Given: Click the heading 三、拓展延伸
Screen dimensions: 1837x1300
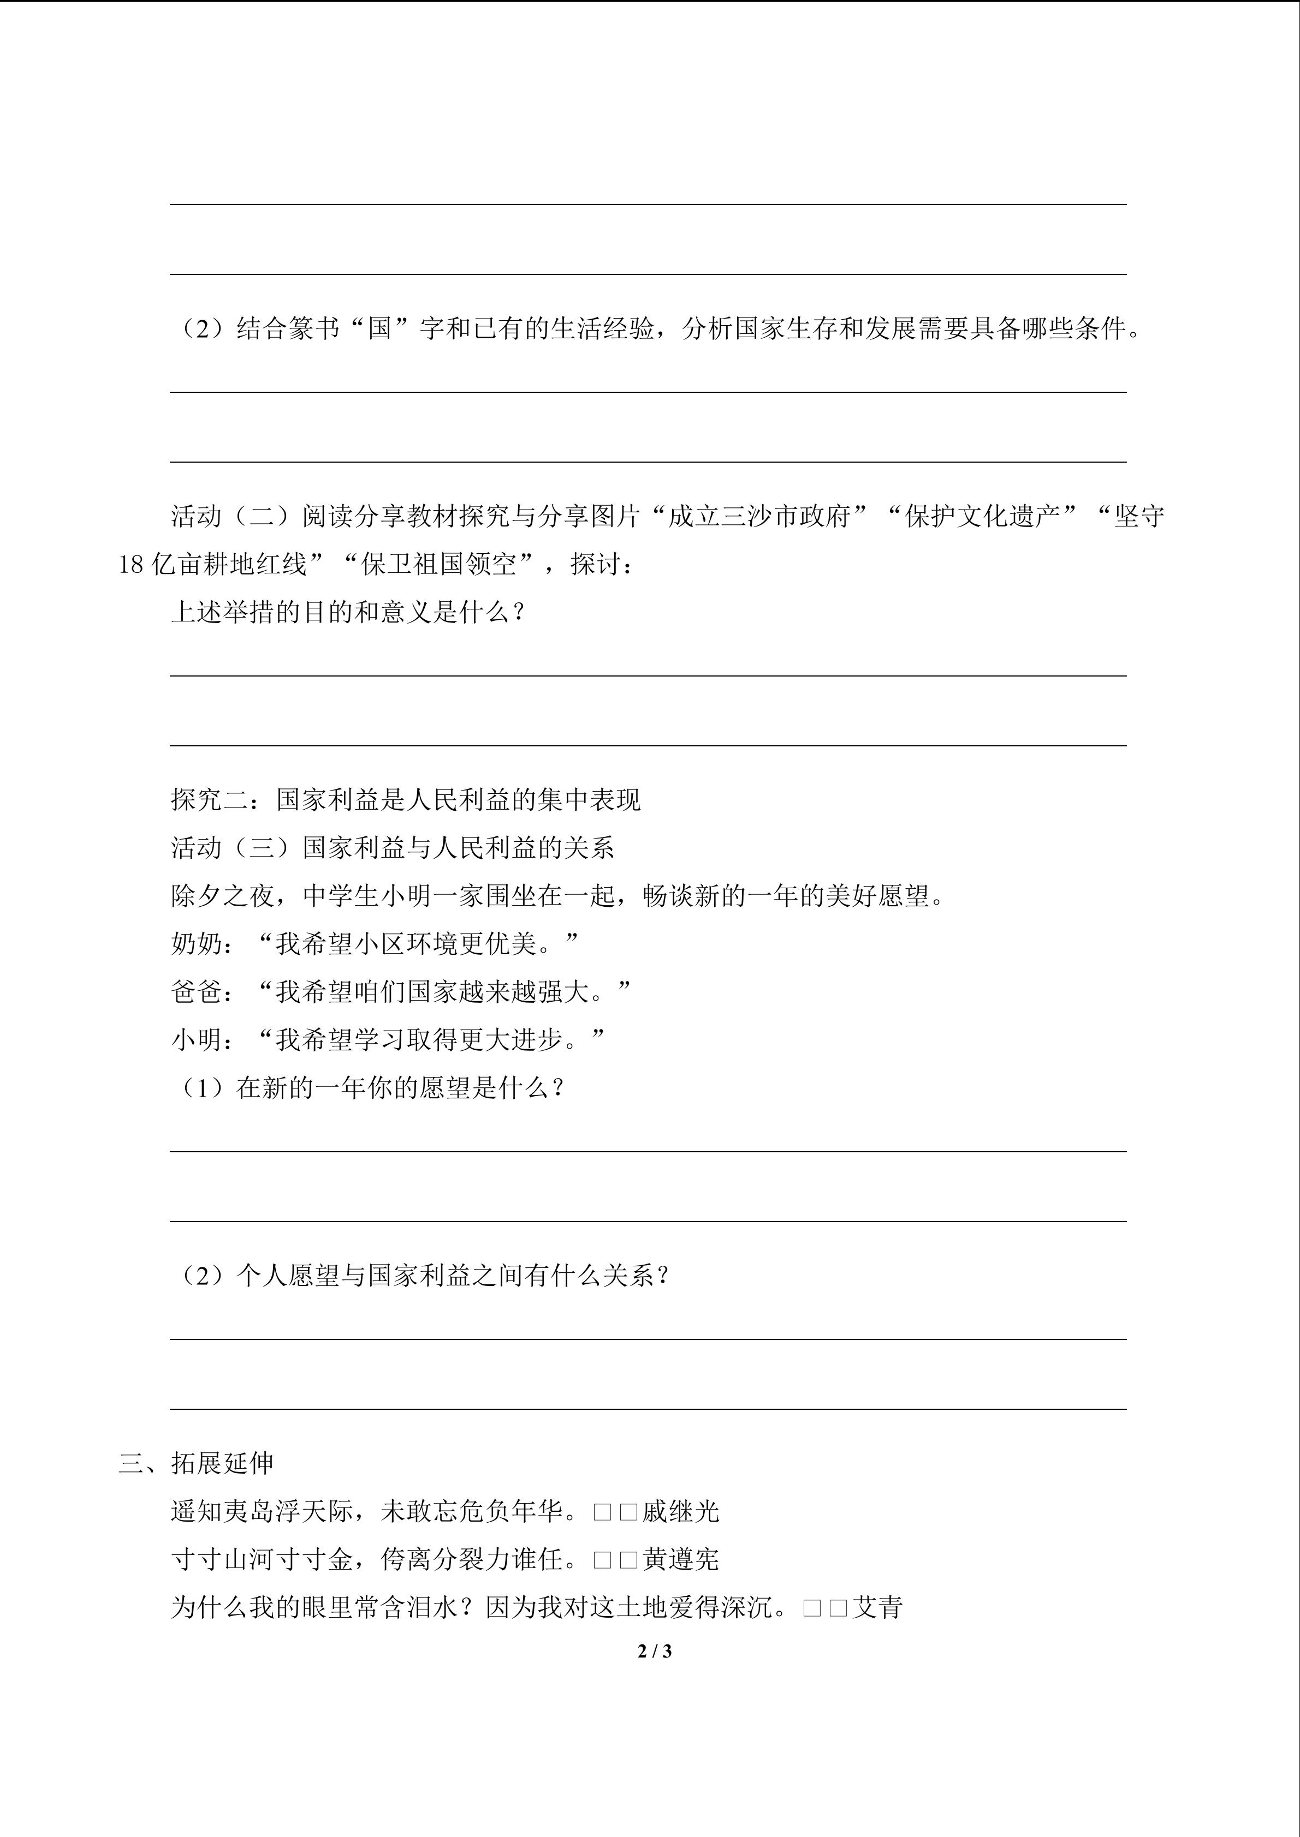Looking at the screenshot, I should (196, 1463).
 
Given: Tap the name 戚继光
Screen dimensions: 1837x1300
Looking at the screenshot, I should (680, 1511).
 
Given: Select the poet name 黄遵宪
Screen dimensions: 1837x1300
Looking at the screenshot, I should (680, 1559).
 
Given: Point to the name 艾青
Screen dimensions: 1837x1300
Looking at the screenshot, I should (877, 1607).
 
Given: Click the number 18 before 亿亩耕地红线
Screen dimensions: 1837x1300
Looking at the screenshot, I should (131, 565).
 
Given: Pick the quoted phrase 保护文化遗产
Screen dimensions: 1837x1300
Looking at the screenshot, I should (991, 517).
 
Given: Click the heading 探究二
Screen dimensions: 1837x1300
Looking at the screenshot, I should (210, 800).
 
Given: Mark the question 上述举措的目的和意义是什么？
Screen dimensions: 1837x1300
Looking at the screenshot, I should (348, 613).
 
